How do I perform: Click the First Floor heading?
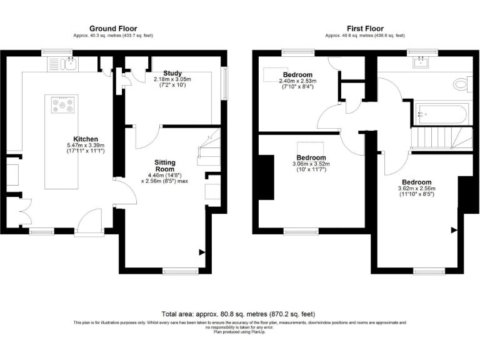365,28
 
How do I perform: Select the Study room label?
172,73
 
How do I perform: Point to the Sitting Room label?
165,166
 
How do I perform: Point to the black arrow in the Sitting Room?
201,252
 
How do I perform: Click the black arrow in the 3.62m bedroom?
454,230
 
